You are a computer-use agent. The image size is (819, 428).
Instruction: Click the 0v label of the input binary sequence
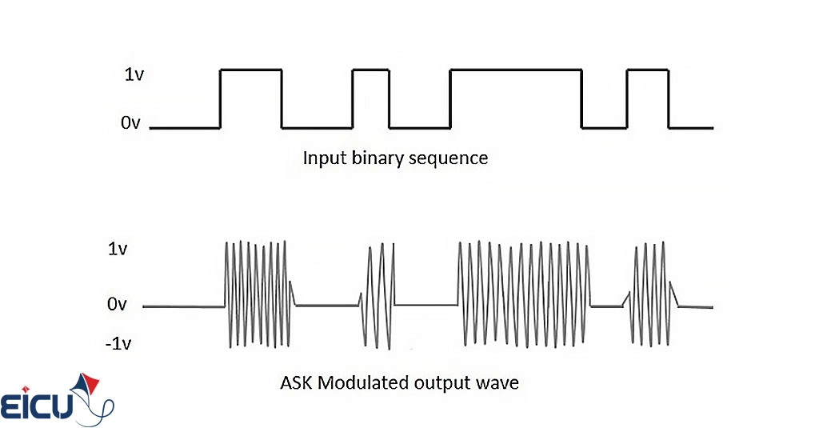[132, 124]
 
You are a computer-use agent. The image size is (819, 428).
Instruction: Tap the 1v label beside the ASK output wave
[117, 249]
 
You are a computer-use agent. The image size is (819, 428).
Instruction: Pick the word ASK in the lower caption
[297, 383]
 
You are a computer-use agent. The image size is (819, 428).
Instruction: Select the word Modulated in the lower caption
[364, 383]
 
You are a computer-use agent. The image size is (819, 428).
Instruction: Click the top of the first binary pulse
[251, 70]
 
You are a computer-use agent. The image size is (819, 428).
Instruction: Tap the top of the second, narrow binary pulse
[371, 70]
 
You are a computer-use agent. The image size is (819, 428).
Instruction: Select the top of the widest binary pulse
[516, 70]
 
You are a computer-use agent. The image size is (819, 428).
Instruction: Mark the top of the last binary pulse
[648, 70]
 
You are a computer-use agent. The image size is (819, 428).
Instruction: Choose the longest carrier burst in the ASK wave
[524, 294]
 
